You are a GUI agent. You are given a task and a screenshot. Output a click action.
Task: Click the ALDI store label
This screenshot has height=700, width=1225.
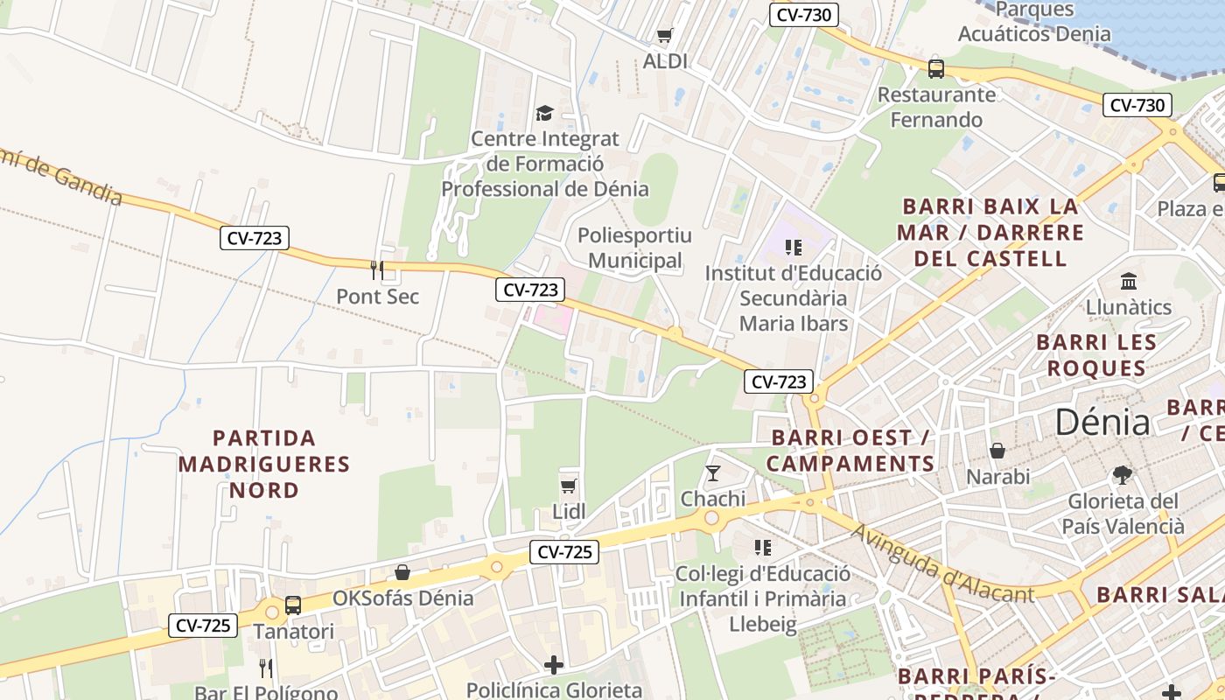665,61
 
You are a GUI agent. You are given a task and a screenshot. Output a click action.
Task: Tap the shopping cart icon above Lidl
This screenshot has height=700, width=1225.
569,486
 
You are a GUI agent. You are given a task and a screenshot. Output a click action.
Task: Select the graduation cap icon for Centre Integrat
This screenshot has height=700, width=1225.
544,113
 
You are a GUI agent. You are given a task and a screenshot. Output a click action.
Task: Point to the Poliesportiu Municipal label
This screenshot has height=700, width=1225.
634,248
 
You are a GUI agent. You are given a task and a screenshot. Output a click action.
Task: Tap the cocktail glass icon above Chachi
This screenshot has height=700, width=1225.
713,473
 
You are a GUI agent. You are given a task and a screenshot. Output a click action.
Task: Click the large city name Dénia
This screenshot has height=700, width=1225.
1102,422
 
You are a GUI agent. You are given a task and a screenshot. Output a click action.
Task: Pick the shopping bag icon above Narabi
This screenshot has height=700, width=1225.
997,451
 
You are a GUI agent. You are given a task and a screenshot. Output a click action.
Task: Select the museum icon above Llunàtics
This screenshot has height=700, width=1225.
1129,282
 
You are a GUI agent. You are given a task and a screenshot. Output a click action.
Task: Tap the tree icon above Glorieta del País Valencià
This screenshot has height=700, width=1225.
1123,475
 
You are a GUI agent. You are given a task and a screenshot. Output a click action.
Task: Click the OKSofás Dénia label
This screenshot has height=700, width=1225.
402,598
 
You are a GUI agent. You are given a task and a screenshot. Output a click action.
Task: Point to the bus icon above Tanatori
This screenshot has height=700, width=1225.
293,605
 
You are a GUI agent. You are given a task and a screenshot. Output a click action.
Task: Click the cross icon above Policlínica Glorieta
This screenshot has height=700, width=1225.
554,665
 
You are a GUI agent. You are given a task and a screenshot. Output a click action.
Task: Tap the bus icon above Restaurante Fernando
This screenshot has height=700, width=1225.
936,68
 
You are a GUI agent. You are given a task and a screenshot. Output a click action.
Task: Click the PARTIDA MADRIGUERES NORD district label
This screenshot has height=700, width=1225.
264,464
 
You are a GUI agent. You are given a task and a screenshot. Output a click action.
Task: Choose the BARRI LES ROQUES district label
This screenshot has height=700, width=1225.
1096,354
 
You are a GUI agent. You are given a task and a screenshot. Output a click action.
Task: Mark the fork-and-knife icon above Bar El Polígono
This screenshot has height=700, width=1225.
266,668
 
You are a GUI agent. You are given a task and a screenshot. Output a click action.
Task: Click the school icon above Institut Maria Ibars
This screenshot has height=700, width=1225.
794,248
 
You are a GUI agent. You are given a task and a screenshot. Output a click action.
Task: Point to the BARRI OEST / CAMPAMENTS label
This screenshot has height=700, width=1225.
850,451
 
